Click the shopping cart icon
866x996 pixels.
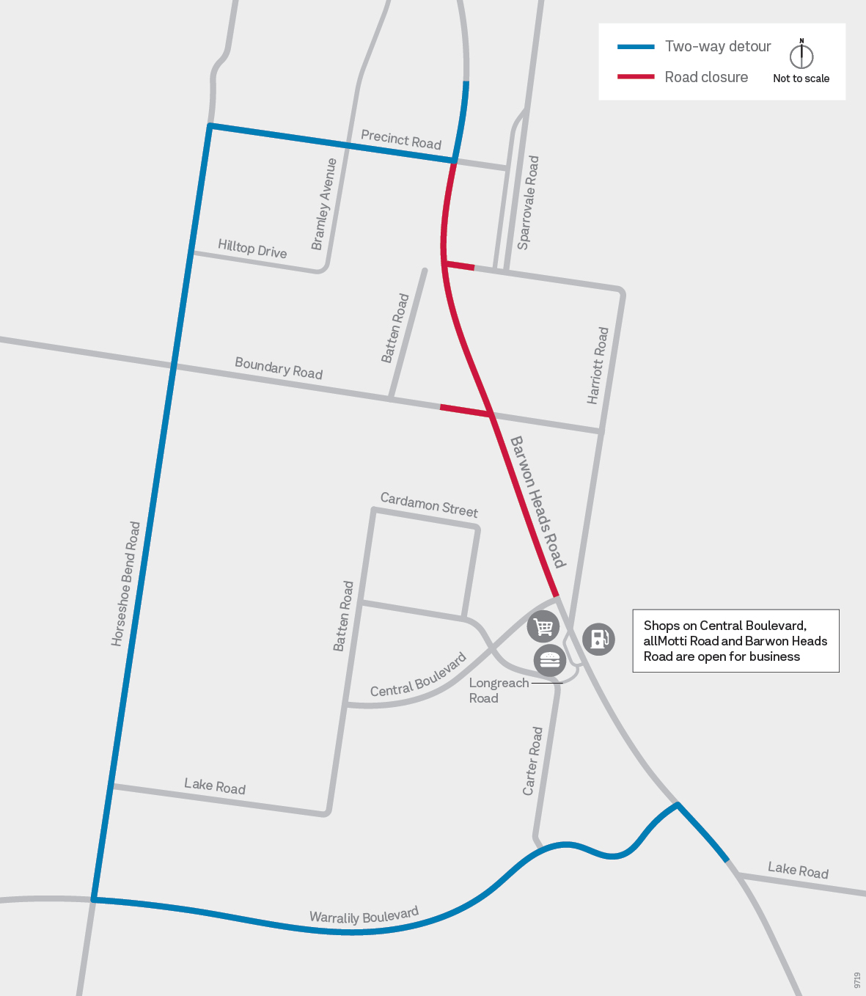pos(543,627)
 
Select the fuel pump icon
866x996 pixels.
pos(598,638)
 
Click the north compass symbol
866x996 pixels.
pos(801,54)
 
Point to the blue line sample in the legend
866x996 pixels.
pos(636,47)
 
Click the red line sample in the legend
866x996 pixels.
pos(636,77)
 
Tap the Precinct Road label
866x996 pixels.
pos(401,139)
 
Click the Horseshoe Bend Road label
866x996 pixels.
pos(125,584)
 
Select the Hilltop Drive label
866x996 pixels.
pos(252,249)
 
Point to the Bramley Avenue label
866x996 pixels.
pos(324,204)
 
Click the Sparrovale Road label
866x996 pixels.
pos(528,202)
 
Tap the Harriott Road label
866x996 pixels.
pos(598,365)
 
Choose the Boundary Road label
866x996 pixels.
pos(279,368)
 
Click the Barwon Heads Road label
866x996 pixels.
pos(538,502)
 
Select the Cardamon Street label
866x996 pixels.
pos(429,505)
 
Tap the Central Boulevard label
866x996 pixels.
pos(418,675)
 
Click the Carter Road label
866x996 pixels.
pos(533,761)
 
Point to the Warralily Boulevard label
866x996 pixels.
pos(364,915)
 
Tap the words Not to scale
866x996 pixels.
pos(801,78)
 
